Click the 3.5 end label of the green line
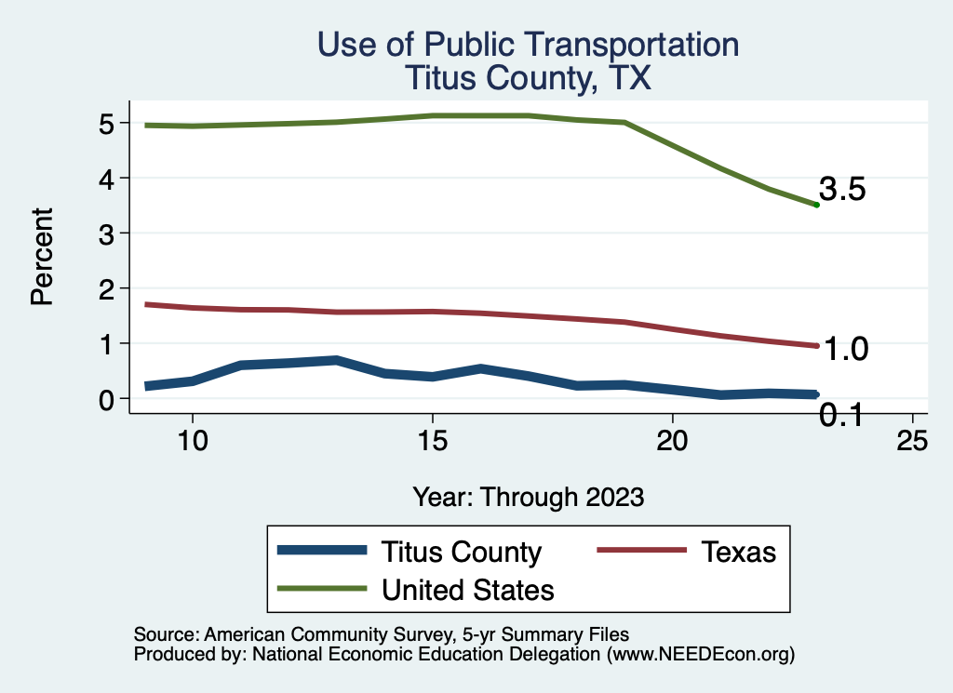click(843, 190)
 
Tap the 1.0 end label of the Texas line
click(846, 350)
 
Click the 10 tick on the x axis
click(193, 441)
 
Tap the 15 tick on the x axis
click(433, 441)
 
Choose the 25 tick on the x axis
click(912, 441)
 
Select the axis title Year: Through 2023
click(529, 497)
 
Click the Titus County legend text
click(461, 552)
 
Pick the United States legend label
click(467, 590)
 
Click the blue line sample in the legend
click(321, 551)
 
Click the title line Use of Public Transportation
click(529, 45)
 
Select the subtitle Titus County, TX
click(528, 79)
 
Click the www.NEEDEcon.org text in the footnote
click(700, 655)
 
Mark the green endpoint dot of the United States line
click(816, 205)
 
